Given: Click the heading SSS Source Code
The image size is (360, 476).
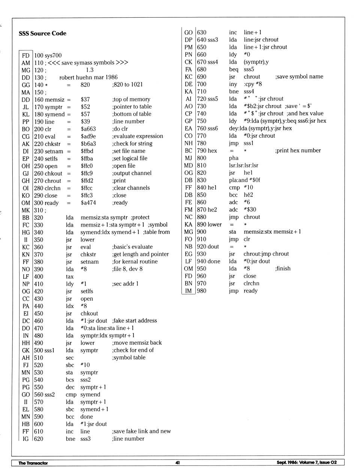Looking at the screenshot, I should [42, 33].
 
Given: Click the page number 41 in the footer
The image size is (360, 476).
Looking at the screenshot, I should [177, 462].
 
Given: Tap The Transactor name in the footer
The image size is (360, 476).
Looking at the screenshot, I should [33, 463].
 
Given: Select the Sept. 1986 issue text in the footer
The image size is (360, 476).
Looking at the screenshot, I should [306, 462].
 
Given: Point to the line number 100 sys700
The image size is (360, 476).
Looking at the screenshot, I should [48, 56].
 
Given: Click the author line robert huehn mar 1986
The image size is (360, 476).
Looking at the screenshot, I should [88, 77].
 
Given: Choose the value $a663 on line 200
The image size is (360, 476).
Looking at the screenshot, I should [88, 129].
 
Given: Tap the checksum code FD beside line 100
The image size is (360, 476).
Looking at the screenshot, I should [25, 56].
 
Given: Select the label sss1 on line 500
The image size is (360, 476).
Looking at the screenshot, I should [49, 350].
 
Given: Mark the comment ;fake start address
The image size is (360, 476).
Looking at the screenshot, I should [134, 321].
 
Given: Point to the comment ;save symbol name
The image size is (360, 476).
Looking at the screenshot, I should [299, 77].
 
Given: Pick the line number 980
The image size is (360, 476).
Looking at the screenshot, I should [201, 291].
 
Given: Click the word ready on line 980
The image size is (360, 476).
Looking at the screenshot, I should [250, 291].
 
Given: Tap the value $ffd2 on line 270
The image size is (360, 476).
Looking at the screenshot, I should [87, 180].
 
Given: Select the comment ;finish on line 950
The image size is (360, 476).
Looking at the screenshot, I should [283, 269].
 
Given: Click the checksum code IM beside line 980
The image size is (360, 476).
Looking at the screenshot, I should [188, 291].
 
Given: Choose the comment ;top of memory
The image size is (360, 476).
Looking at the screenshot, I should [131, 99].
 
